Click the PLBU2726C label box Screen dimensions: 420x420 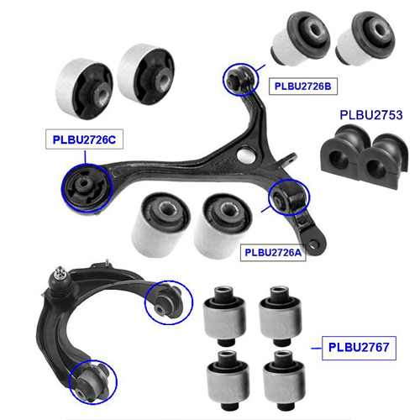[x=84, y=139]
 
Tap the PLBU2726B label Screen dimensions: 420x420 [x=303, y=86]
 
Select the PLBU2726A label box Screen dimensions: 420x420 [x=273, y=252]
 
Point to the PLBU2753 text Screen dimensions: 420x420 [x=371, y=115]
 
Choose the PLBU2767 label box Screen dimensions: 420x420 [x=359, y=348]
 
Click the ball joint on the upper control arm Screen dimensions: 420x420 [x=59, y=280]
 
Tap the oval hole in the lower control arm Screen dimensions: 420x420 [x=245, y=155]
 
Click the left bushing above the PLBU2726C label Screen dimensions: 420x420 [x=84, y=89]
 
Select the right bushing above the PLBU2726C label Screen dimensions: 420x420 [x=146, y=74]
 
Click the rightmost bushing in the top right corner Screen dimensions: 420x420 [x=365, y=39]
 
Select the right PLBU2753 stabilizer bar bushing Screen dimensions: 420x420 [x=384, y=161]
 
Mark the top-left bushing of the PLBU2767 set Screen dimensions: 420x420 [x=224, y=316]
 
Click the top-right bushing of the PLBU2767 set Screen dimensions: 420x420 [x=281, y=316]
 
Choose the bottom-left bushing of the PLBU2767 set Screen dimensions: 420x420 [x=228, y=380]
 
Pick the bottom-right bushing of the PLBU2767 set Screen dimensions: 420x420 [x=284, y=380]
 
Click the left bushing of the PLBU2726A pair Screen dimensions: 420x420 [x=160, y=224]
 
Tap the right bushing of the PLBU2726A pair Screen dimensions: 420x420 [x=223, y=226]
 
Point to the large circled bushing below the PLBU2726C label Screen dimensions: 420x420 [x=87, y=188]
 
